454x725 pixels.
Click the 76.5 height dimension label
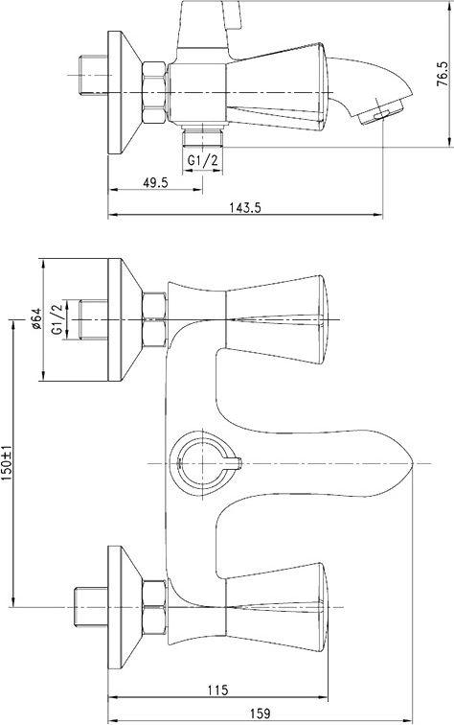(442, 74)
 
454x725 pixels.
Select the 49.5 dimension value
(156, 182)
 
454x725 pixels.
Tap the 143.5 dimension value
(245, 208)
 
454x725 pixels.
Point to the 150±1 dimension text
(7, 463)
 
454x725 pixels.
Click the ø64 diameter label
(37, 319)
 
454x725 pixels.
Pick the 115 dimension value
(217, 690)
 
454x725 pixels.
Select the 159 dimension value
(260, 713)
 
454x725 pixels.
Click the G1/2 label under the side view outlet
(202, 161)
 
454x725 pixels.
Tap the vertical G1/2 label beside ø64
(57, 319)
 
